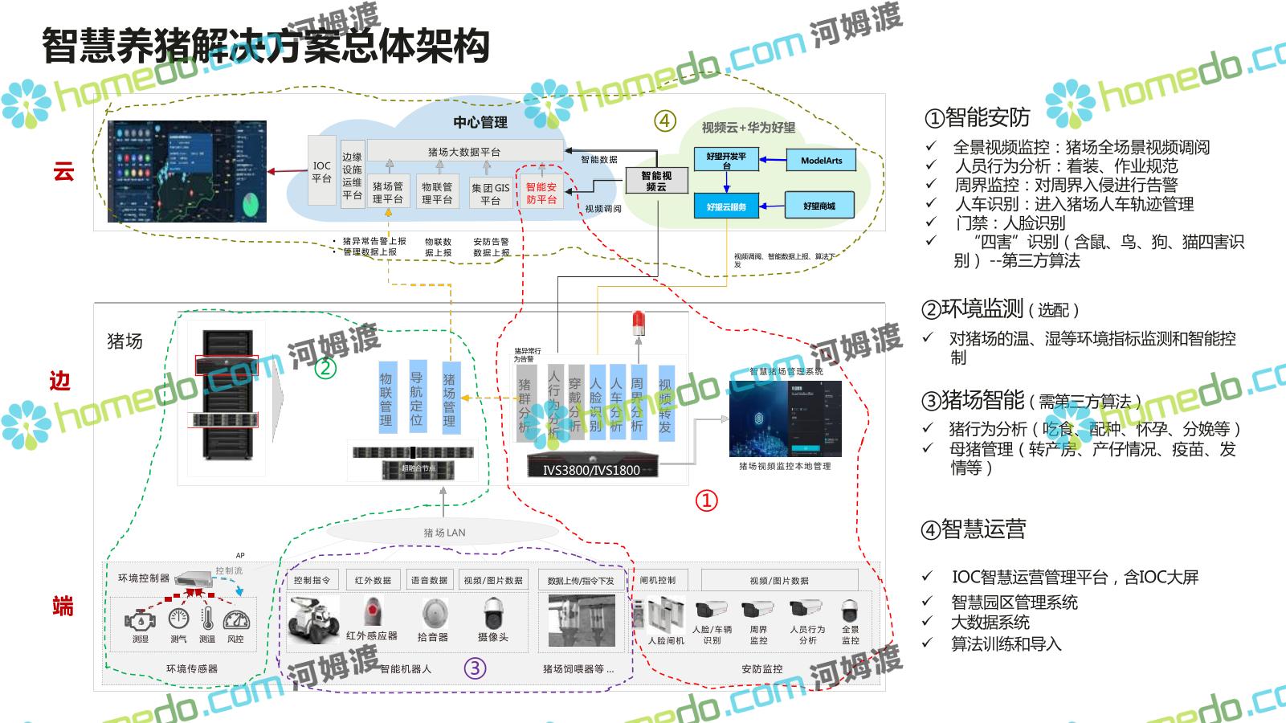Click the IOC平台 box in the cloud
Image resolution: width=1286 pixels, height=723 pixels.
tap(321, 171)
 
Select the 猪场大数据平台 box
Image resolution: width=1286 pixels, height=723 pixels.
tap(464, 151)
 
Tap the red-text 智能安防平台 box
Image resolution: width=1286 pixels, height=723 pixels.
tap(541, 193)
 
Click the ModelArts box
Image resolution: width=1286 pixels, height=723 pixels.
tap(821, 160)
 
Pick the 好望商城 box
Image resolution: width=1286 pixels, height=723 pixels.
tap(819, 206)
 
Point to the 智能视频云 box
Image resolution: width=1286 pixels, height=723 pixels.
tap(656, 181)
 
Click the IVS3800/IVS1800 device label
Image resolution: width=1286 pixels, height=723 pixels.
tap(591, 469)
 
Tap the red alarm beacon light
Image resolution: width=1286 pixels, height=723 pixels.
tap(639, 323)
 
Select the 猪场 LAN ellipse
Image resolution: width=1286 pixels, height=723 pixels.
tap(443, 532)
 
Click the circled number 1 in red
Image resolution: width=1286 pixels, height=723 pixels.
tap(706, 501)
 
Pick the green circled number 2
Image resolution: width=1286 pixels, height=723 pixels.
tap(325, 368)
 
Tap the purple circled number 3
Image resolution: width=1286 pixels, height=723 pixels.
tap(476, 668)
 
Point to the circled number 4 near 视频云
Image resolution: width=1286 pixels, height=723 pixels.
tap(664, 120)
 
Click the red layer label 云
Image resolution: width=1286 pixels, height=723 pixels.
tap(63, 170)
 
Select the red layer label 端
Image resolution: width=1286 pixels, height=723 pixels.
tap(63, 606)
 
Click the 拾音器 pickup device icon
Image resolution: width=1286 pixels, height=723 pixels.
tap(433, 615)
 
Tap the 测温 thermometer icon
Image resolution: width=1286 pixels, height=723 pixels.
tap(207, 619)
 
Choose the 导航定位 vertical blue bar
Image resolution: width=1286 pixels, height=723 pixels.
tap(416, 398)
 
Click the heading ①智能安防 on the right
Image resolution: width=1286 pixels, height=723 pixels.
tap(978, 118)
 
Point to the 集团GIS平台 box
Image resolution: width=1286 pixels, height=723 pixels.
tap(490, 194)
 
